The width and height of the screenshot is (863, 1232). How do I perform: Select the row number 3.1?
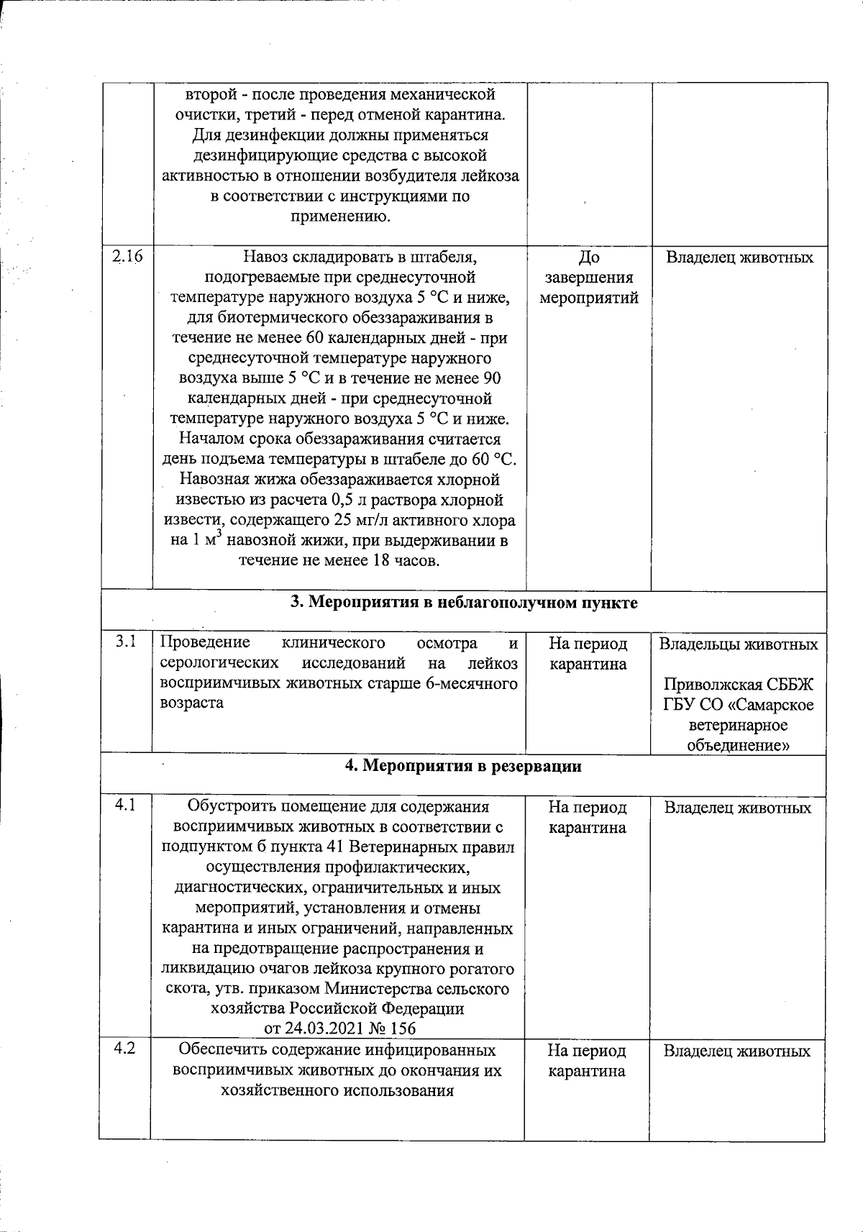127,641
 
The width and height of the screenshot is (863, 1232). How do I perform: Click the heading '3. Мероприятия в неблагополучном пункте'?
463,603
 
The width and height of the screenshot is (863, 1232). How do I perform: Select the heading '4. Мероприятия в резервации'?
463,766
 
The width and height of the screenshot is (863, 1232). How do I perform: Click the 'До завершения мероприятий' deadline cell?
588,278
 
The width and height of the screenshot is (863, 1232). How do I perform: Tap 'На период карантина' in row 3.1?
588,653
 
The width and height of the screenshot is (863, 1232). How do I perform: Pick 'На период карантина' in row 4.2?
586,1061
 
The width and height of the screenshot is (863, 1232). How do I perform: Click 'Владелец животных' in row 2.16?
739,257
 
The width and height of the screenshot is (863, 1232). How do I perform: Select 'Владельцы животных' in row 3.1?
739,644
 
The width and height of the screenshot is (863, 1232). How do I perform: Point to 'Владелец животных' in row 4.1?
737,808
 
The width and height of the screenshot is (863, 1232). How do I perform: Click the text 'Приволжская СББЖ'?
739,684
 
